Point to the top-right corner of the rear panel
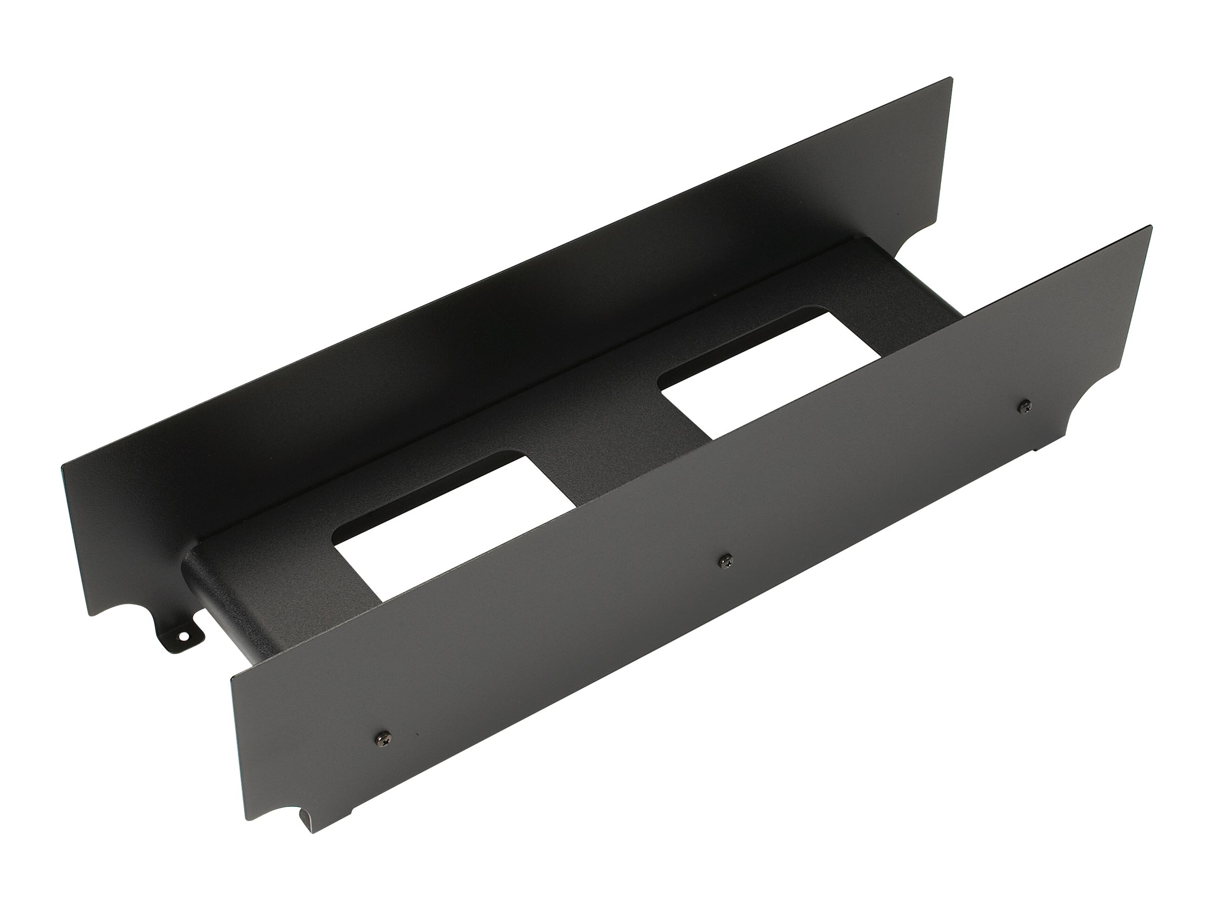click(951, 79)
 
